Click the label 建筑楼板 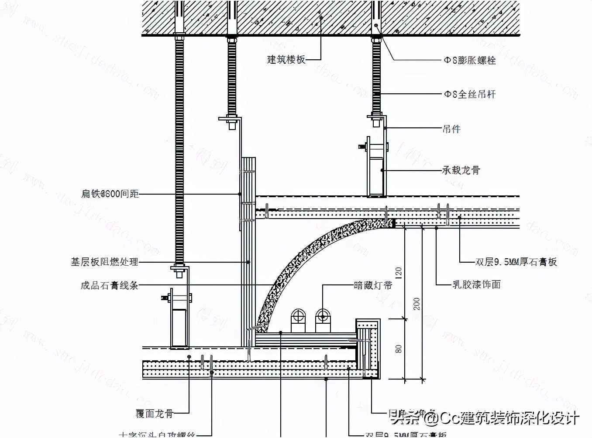tap(286, 59)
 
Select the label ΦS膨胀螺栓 tap(470, 60)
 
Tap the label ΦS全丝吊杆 tap(470, 94)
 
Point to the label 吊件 tap(451, 129)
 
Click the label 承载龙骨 tap(461, 170)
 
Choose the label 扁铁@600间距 tap(110, 194)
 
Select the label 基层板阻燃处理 tap(105, 262)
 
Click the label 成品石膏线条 tap(110, 285)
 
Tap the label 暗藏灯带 tap(373, 285)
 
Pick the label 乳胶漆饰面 tap(476, 284)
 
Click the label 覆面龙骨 tap(154, 413)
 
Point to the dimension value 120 tap(398, 273)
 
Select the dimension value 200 tap(416, 304)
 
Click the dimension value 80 tap(398, 349)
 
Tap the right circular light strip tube tap(323, 315)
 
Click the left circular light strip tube tap(298, 315)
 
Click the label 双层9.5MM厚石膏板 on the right tap(516, 262)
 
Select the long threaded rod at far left tap(179, 148)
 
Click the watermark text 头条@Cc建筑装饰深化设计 tap(485, 418)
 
